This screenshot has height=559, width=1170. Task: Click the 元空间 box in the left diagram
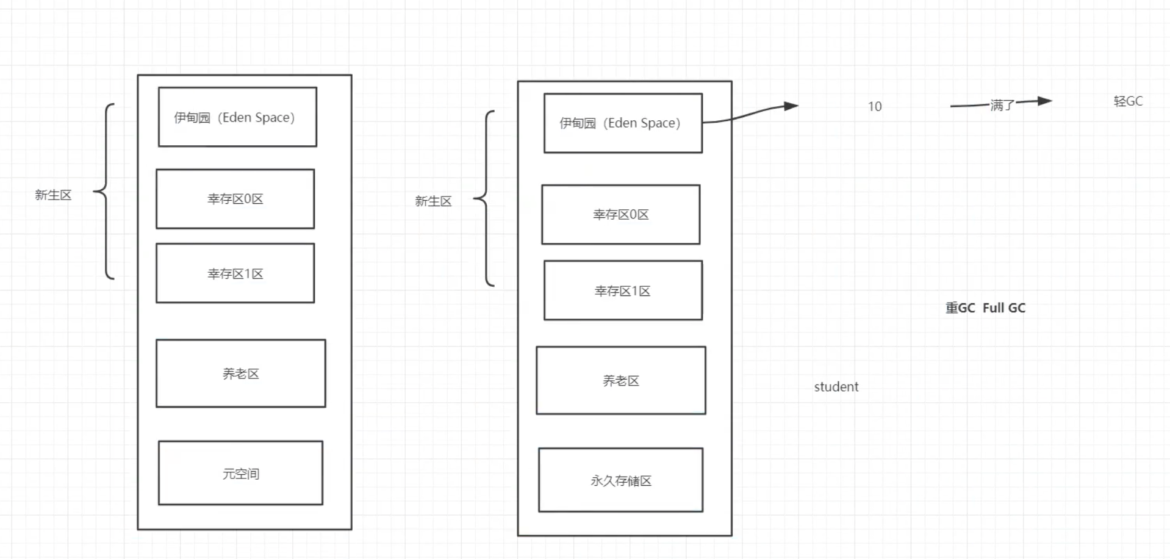pos(240,473)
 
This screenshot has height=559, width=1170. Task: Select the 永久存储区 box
pos(620,480)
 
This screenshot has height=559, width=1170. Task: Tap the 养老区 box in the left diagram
pos(240,373)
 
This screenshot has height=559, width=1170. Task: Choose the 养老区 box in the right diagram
pos(620,381)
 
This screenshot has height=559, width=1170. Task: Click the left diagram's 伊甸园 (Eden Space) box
pos(237,117)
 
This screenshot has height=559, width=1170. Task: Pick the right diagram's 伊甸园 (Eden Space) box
pos(623,123)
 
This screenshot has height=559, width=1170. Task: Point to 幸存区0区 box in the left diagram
pos(235,199)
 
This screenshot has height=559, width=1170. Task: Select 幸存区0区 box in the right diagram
pos(620,214)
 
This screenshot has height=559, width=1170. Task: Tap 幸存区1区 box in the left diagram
pos(235,273)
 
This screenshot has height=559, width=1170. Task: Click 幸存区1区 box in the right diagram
pos(623,290)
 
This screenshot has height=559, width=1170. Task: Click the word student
pos(836,387)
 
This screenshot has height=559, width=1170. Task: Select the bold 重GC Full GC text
pos(985,308)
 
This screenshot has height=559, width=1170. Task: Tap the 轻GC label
pos(1128,101)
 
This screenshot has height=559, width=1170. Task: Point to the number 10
pos(875,107)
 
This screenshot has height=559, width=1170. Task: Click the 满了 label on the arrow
pos(1002,105)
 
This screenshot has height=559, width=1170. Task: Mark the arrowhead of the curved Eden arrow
pos(791,106)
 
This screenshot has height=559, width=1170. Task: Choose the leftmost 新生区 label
pos(53,195)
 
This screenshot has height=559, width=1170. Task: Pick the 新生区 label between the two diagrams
pos(433,201)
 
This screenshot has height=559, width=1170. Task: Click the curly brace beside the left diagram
pos(105,192)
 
